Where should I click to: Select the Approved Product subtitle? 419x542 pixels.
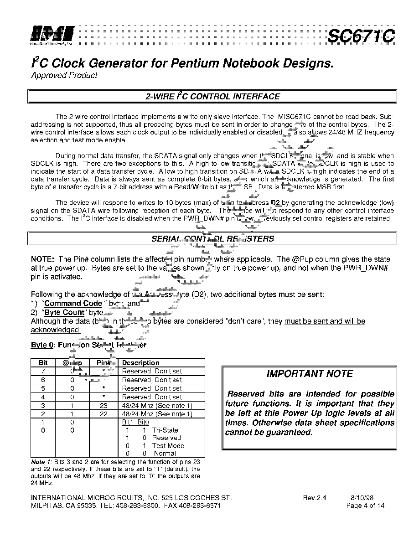tap(64, 76)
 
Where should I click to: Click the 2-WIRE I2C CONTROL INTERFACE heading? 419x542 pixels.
tap(212, 97)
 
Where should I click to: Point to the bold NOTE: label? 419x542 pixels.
tap(43, 259)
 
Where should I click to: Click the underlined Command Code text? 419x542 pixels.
tap(73, 304)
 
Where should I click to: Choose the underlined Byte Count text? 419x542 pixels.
tap(64, 312)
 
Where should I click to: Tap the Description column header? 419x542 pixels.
tap(141, 363)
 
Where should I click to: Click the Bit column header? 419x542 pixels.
tap(43, 363)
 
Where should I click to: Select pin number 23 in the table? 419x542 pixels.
tap(104, 405)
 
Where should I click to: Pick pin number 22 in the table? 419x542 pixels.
tap(104, 414)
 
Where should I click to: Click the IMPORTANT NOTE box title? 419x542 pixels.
tap(310, 374)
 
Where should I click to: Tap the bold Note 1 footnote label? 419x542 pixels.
tap(40, 462)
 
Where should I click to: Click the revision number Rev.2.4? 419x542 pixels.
tap(315, 498)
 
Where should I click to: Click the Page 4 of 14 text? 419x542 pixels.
tap(365, 506)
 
